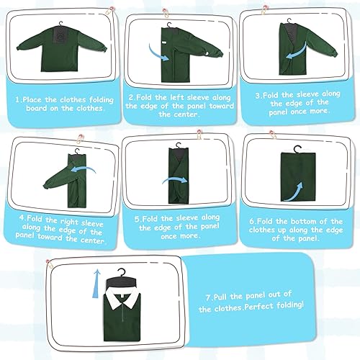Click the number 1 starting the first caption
[x=21, y=101]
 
